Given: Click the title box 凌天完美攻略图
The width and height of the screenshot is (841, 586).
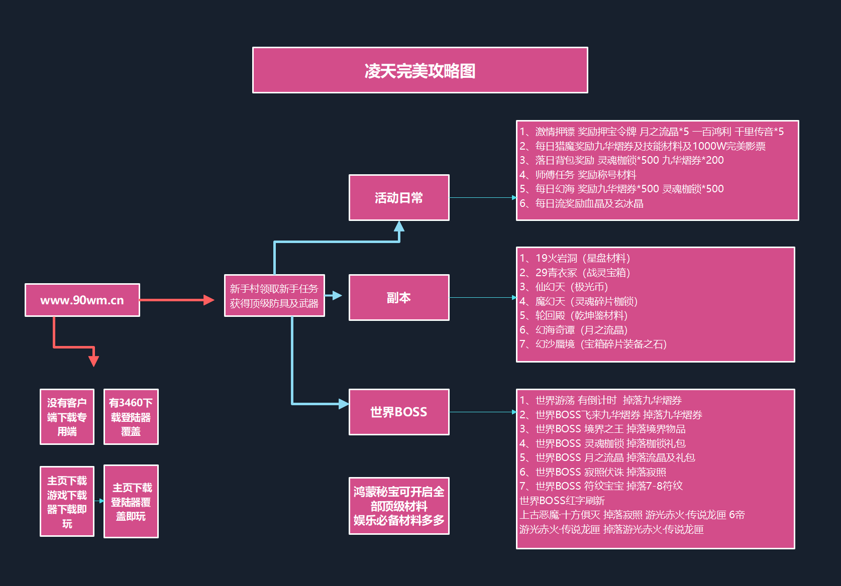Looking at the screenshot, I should tap(420, 70).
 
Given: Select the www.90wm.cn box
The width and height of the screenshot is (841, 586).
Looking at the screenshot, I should tap(82, 300).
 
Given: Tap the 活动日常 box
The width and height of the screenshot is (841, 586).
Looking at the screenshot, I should tap(399, 198).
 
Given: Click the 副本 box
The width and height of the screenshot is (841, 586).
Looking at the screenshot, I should tap(399, 298).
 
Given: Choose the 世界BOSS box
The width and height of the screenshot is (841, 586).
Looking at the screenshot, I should tap(399, 412).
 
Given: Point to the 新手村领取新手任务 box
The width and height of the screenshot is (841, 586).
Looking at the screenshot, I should tap(274, 296).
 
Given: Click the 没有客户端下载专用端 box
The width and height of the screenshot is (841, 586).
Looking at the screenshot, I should tap(67, 417).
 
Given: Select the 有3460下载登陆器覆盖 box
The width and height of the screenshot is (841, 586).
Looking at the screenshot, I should tap(131, 417).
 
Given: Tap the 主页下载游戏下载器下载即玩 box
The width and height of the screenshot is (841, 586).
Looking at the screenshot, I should tap(67, 502).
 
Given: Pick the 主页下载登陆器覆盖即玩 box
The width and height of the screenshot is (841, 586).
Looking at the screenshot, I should tap(131, 502).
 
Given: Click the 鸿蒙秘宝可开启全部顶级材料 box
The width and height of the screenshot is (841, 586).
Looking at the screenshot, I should tap(399, 506).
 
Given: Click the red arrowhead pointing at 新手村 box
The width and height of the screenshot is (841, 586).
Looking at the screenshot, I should tap(209, 300).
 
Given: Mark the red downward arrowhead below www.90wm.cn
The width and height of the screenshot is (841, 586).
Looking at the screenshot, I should tap(93, 361).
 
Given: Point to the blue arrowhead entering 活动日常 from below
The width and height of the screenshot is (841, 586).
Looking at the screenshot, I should tap(399, 226).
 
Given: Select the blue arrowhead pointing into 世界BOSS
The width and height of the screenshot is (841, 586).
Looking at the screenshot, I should tap(343, 404).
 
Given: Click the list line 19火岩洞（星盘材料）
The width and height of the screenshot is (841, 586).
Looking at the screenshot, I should tap(575, 259).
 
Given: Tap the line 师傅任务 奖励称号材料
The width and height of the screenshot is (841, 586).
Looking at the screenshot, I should tap(578, 175).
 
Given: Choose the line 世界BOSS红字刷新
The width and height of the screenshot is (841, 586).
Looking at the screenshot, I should tap(562, 501).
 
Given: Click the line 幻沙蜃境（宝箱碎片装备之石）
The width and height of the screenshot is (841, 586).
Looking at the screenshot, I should tap(593, 344).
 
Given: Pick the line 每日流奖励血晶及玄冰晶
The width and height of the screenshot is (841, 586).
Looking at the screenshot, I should tap(581, 203).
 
